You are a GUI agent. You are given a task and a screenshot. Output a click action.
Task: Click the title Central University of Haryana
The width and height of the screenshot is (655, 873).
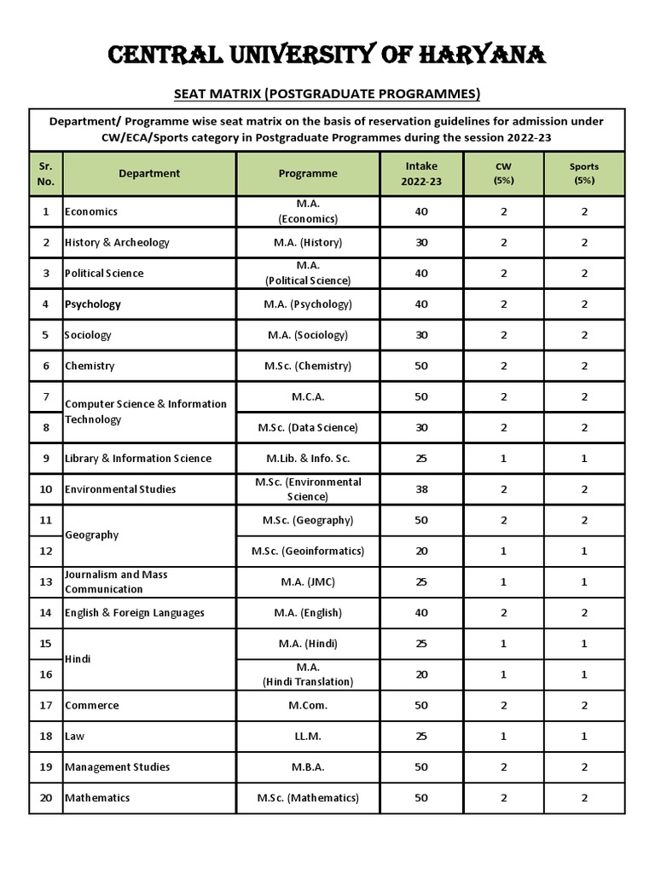pos(327,56)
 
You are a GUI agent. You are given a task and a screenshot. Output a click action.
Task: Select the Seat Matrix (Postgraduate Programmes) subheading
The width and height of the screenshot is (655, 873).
pos(327,93)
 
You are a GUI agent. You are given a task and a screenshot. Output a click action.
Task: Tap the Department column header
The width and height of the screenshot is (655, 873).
pos(149,173)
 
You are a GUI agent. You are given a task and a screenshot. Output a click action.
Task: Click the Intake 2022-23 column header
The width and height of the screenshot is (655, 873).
pos(421,173)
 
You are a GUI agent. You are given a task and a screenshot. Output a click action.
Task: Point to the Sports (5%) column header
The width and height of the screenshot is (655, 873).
pos(584,173)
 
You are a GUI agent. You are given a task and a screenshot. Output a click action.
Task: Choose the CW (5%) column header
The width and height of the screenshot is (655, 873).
pos(503,173)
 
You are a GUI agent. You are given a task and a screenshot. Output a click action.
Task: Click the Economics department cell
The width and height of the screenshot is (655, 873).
pos(91,211)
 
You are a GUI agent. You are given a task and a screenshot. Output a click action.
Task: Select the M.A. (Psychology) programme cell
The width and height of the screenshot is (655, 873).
pos(308,304)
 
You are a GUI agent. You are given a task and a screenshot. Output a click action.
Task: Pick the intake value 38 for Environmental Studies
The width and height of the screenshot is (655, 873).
pos(421,489)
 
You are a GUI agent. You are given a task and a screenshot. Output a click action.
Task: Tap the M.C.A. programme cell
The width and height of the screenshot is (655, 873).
pos(308,396)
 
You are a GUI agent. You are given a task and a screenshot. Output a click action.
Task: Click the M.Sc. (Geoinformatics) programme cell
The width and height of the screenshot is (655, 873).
pos(308,551)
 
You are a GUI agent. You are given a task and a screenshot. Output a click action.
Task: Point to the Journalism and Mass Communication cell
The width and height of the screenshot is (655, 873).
pos(116,581)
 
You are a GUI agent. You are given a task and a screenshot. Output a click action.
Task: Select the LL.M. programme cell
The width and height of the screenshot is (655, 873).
pos(308,736)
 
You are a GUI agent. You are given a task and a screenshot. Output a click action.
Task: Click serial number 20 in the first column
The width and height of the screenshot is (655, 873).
pos(46,797)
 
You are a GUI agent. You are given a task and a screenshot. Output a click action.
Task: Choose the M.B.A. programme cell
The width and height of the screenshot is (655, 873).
pos(308,766)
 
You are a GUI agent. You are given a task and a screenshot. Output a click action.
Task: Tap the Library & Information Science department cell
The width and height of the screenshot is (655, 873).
pos(138,459)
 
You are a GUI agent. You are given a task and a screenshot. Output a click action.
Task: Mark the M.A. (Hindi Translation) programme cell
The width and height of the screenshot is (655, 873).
pos(308,674)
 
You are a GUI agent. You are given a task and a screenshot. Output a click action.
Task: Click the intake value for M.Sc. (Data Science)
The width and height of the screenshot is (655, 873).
pos(421,427)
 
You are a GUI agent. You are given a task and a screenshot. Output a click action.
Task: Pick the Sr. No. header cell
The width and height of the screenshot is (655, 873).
pos(46,173)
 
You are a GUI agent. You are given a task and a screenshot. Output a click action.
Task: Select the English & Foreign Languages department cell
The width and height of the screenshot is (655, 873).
pos(135,613)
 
